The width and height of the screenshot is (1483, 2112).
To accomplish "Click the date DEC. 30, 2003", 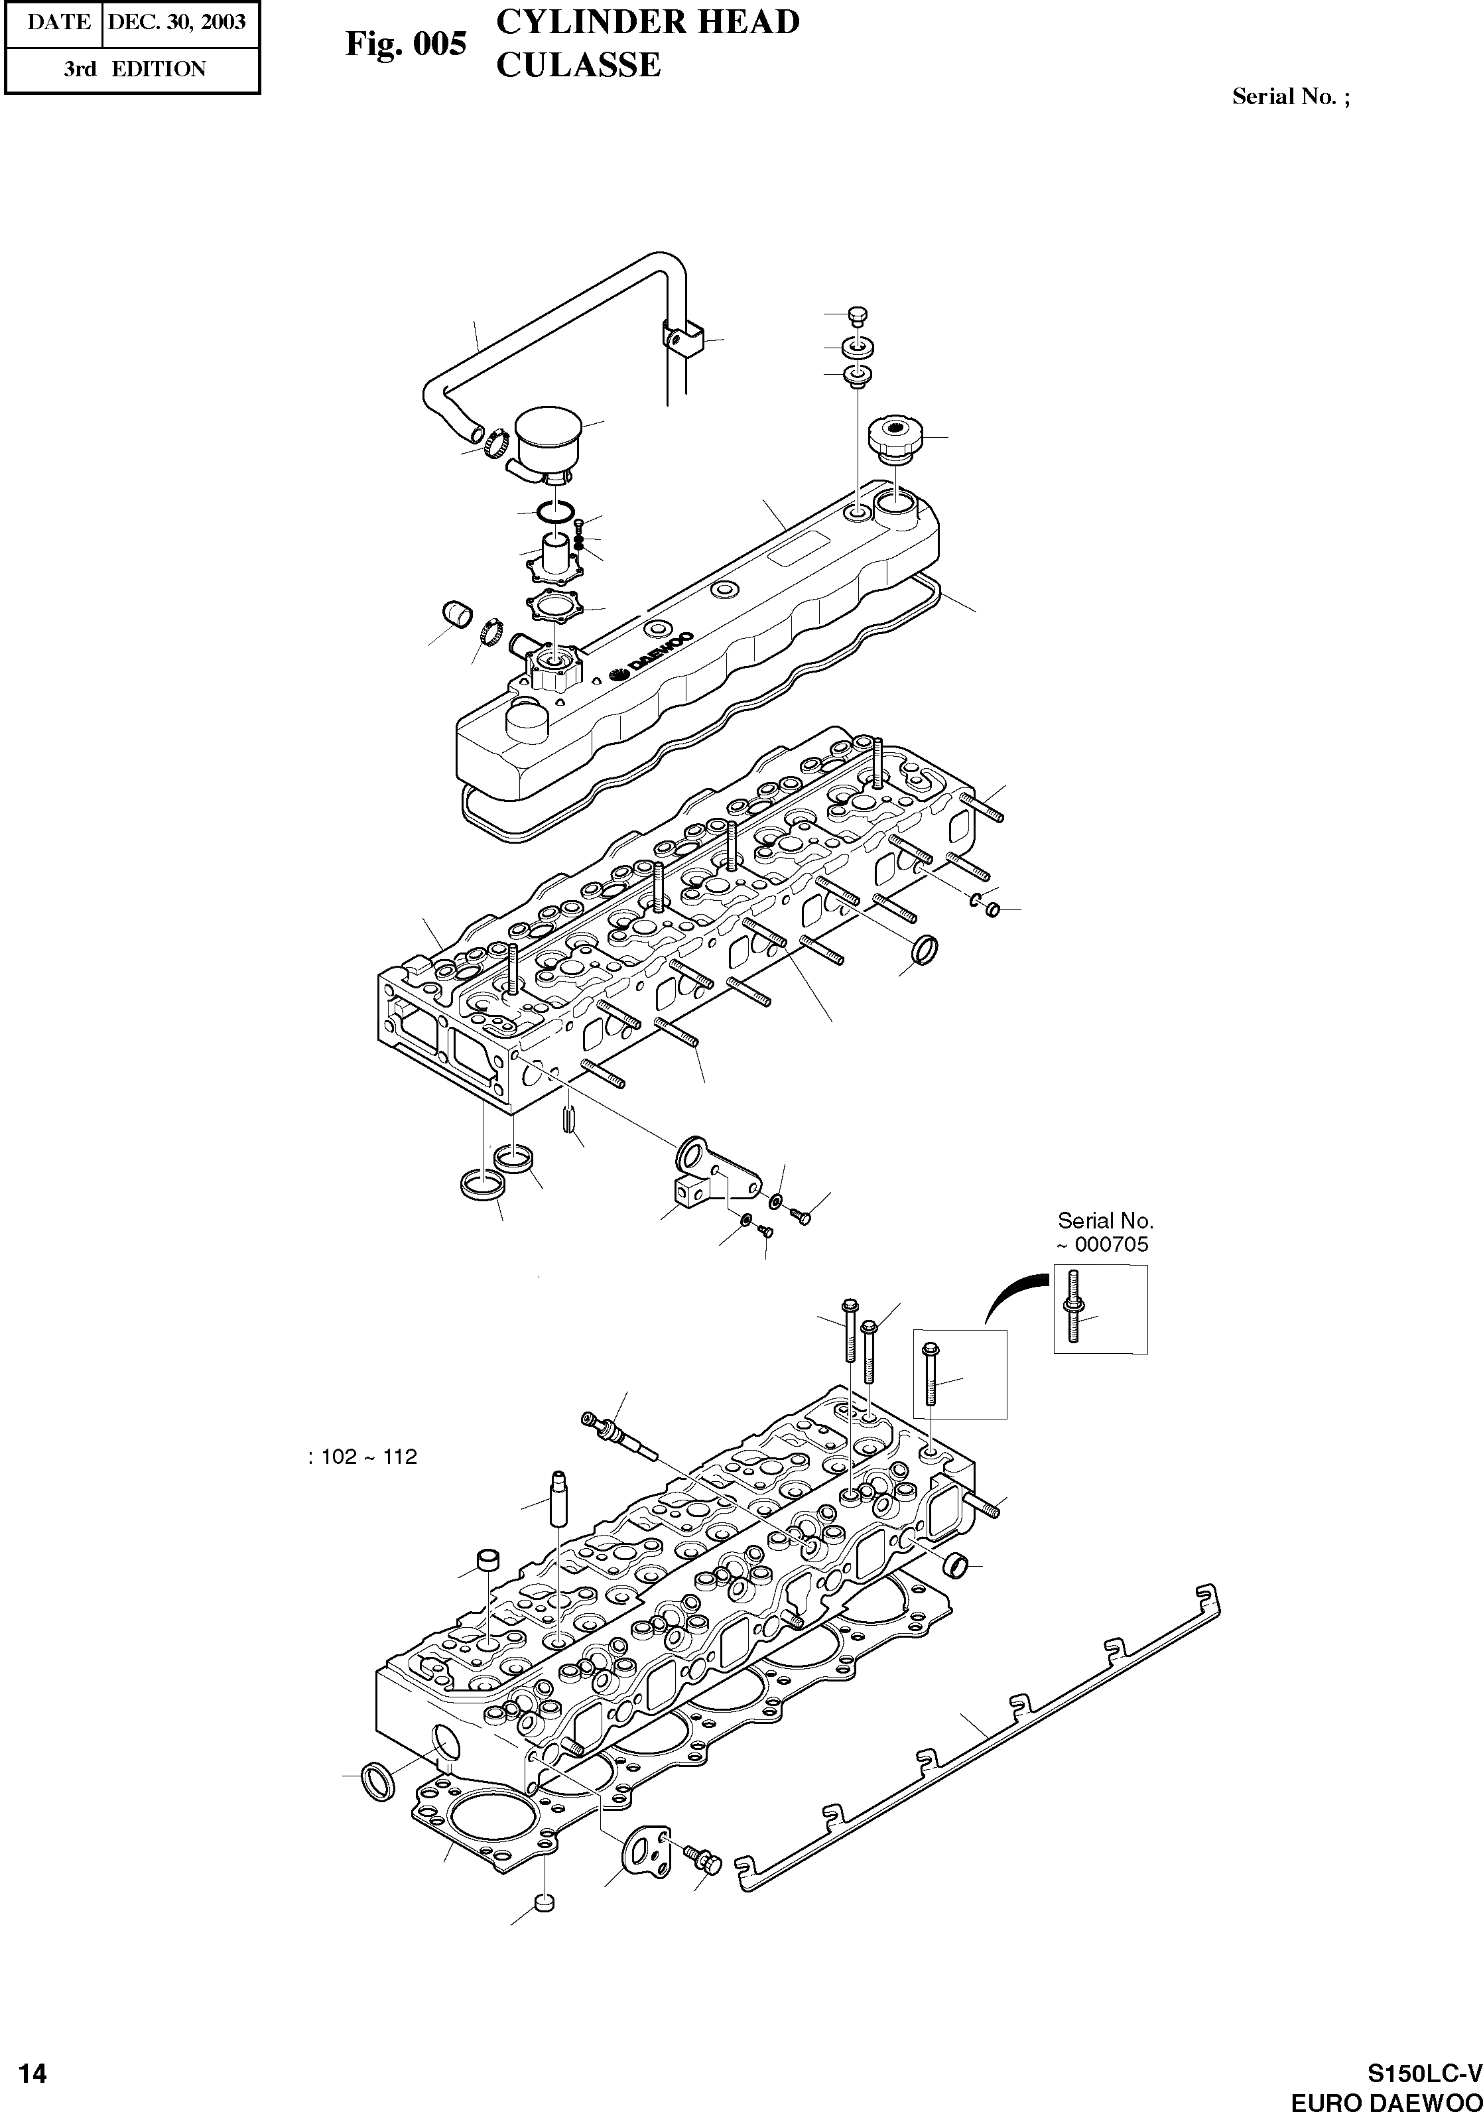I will pos(176,22).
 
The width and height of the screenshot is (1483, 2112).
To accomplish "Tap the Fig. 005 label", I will pos(406,43).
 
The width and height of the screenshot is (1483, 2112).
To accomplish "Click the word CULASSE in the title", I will pos(578,65).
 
